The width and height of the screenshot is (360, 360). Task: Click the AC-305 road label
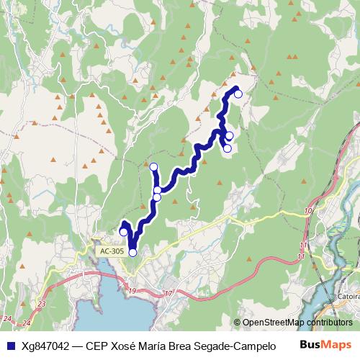(x=112, y=251)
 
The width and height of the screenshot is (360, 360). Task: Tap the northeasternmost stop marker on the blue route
(x=238, y=94)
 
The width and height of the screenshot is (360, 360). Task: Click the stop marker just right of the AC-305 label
(x=132, y=252)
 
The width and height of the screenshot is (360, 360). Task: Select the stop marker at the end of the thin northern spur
(x=153, y=167)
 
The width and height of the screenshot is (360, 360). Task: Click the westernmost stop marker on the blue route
(x=123, y=231)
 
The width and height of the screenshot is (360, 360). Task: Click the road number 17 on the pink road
(x=168, y=293)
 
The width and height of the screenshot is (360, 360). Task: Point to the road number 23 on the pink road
(x=41, y=305)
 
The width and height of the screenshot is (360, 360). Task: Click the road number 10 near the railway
(x=307, y=210)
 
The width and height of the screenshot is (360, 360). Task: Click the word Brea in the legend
(x=177, y=346)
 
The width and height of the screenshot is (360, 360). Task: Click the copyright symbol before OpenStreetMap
(x=237, y=323)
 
